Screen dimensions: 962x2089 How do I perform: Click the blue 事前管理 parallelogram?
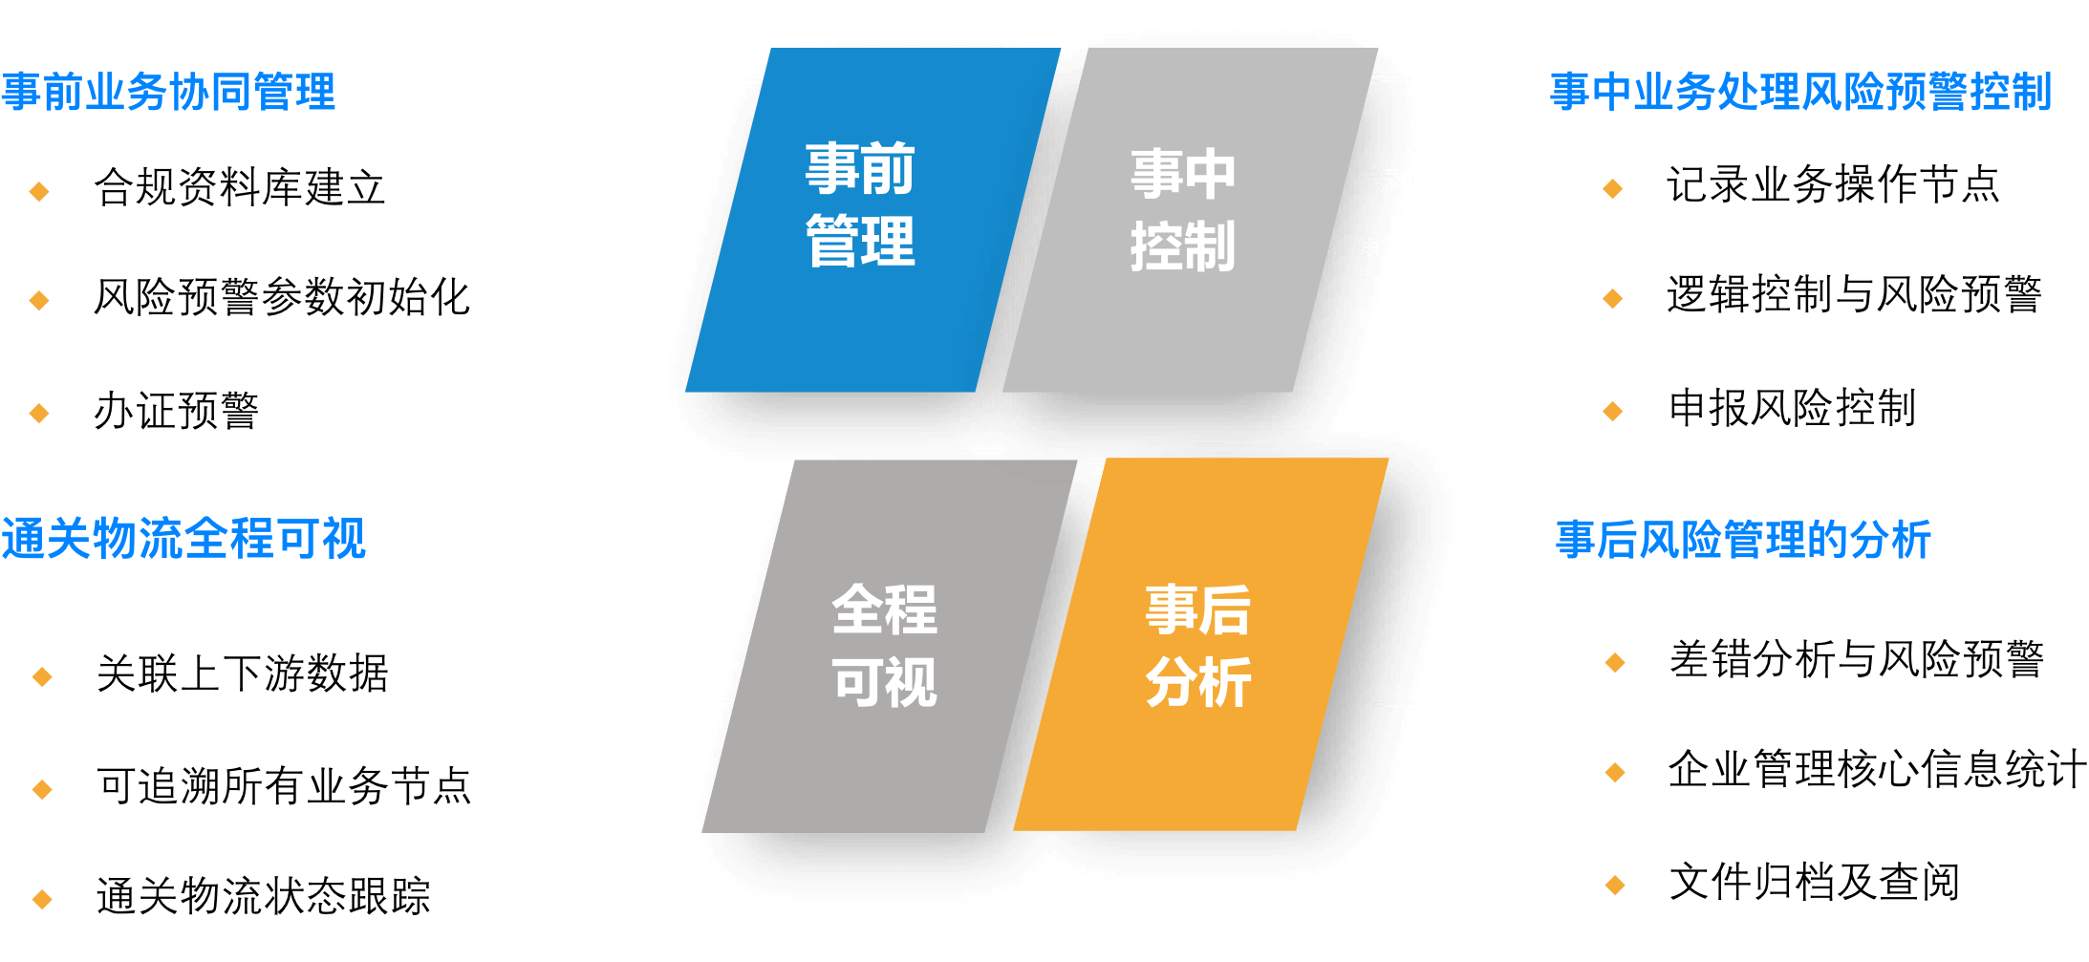pyautogui.click(x=865, y=220)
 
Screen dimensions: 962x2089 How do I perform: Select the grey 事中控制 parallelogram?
pyautogui.click(x=1185, y=220)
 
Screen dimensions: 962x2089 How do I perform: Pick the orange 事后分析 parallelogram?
pyautogui.click(x=1199, y=645)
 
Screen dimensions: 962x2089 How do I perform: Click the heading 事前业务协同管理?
pyautogui.click(x=168, y=92)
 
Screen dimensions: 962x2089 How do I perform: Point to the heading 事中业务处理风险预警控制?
pyautogui.click(x=1800, y=92)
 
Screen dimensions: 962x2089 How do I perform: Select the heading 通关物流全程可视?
pyautogui.click(x=183, y=539)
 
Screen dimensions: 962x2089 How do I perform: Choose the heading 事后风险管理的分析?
pyautogui.click(x=1743, y=540)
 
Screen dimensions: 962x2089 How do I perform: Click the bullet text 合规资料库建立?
pyautogui.click(x=239, y=187)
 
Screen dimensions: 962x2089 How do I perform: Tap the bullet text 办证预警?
pyautogui.click(x=176, y=412)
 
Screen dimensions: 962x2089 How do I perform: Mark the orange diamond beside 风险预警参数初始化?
pyautogui.click(x=39, y=301)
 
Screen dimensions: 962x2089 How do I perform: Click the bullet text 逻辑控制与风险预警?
pyautogui.click(x=1854, y=295)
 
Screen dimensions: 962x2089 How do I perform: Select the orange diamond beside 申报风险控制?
pyautogui.click(x=1613, y=412)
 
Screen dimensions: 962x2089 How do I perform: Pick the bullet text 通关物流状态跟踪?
pyautogui.click(x=263, y=897)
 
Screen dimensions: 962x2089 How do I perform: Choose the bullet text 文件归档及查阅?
pyautogui.click(x=1814, y=883)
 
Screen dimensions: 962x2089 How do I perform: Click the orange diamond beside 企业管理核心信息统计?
pyautogui.click(x=1615, y=773)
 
